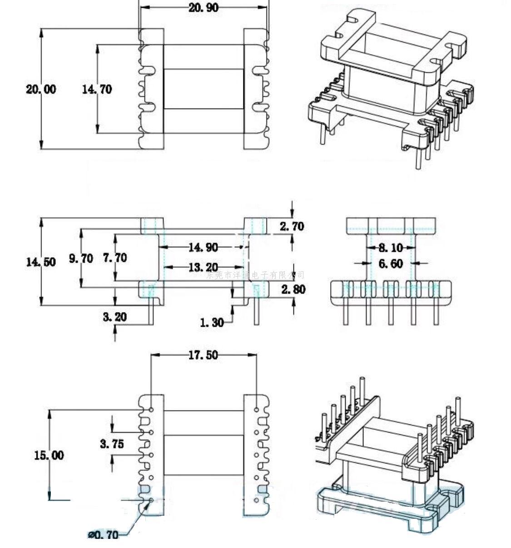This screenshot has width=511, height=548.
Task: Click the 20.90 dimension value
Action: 203,7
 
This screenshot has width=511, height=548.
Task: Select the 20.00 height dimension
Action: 41,89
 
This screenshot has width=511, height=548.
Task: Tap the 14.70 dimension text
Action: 97,89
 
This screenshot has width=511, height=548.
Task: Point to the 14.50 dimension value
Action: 41,262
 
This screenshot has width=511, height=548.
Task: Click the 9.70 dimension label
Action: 81,259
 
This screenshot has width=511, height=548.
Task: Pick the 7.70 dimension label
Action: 114,258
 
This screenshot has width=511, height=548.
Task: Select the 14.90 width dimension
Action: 203,248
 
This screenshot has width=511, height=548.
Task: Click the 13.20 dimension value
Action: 203,267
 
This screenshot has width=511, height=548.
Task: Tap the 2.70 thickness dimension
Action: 292,226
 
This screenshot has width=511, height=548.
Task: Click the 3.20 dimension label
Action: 114,316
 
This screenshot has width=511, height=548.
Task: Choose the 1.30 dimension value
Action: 212,322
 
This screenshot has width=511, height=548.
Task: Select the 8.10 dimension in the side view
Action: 390,248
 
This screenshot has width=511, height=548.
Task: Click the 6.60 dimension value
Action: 390,264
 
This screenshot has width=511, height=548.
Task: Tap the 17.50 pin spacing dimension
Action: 203,355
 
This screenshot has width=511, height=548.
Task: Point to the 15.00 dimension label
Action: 49,455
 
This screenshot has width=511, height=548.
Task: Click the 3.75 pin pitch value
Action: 112,443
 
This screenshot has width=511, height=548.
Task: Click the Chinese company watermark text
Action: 255,275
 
